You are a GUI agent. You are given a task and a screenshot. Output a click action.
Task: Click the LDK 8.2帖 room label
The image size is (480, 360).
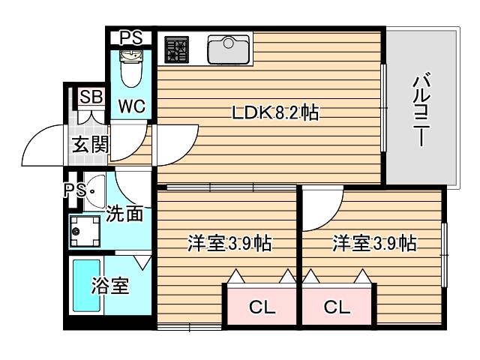click(274, 113)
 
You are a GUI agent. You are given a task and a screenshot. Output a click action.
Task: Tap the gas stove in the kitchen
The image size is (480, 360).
click(177, 49)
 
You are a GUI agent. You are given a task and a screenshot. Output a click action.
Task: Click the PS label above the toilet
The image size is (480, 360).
click(131, 37)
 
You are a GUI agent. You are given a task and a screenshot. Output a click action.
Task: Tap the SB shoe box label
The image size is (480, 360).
click(91, 96)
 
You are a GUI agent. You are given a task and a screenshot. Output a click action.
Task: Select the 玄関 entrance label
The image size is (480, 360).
click(89, 144)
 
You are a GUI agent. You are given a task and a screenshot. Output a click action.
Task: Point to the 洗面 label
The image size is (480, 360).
click(124, 214)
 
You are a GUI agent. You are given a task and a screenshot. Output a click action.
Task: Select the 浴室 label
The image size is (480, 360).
click(110, 286)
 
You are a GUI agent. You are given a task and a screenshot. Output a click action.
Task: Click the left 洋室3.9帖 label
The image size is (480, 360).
click(229, 243)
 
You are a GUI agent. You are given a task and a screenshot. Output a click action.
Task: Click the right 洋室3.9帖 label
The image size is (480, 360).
click(374, 243)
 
